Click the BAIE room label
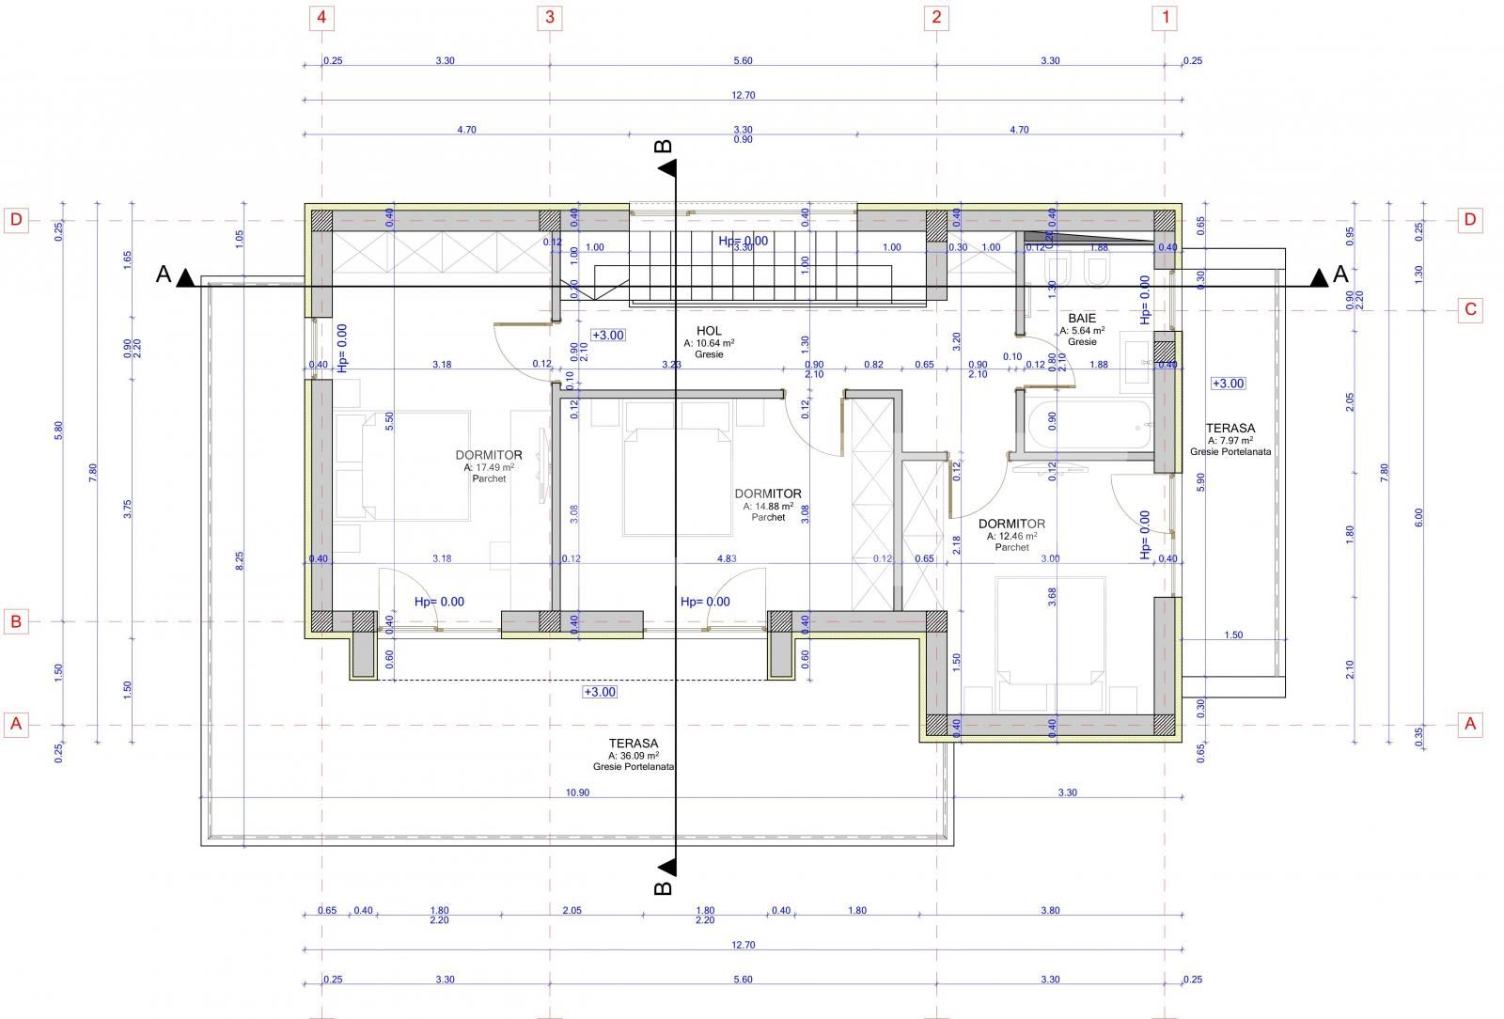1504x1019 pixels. [x=1081, y=319]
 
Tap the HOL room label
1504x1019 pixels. [x=709, y=331]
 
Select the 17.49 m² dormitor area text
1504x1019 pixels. [x=489, y=467]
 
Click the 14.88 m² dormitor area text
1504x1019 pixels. [x=768, y=506]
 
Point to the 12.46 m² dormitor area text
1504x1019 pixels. [x=1011, y=536]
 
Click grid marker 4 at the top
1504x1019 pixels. [x=322, y=17]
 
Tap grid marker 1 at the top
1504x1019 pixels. [x=1166, y=17]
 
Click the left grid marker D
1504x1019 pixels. [x=15, y=220]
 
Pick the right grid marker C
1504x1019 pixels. [x=1470, y=310]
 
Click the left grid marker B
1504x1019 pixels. [x=15, y=621]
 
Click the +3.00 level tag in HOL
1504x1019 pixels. [x=607, y=335]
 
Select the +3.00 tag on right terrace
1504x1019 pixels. [x=1228, y=384]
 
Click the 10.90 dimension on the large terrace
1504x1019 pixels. [x=577, y=792]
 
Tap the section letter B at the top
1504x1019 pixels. [x=663, y=147]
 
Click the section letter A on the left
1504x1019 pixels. [x=164, y=274]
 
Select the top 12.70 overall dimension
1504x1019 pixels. [x=743, y=95]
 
